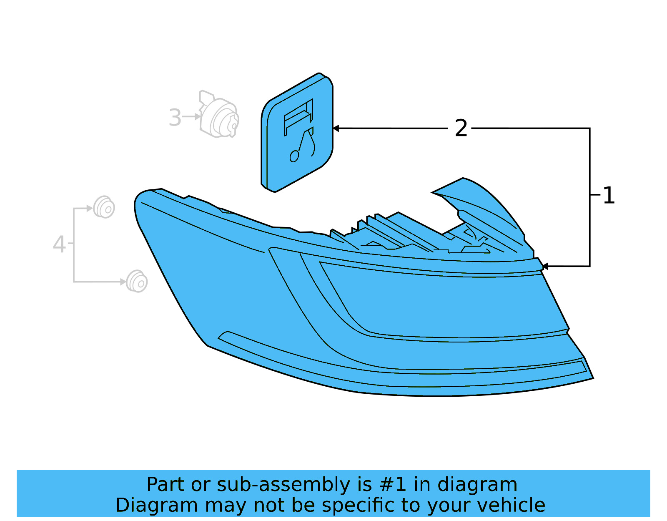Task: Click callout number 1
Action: pyautogui.click(x=609, y=195)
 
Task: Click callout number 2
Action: pyautogui.click(x=461, y=128)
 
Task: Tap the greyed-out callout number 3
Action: pyautogui.click(x=175, y=118)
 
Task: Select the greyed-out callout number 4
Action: pyautogui.click(x=59, y=244)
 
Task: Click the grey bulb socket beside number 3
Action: pyautogui.click(x=219, y=116)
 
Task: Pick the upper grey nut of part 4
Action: pyautogui.click(x=104, y=207)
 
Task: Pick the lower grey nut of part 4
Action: pyautogui.click(x=137, y=282)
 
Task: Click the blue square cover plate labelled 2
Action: pyautogui.click(x=297, y=133)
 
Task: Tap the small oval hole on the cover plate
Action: pyautogui.click(x=294, y=156)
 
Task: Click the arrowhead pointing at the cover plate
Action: pyautogui.click(x=336, y=128)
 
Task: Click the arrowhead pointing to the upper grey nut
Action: pyautogui.click(x=90, y=208)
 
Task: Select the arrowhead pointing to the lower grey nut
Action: pyautogui.click(x=123, y=282)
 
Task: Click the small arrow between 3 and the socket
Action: pyautogui.click(x=196, y=117)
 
